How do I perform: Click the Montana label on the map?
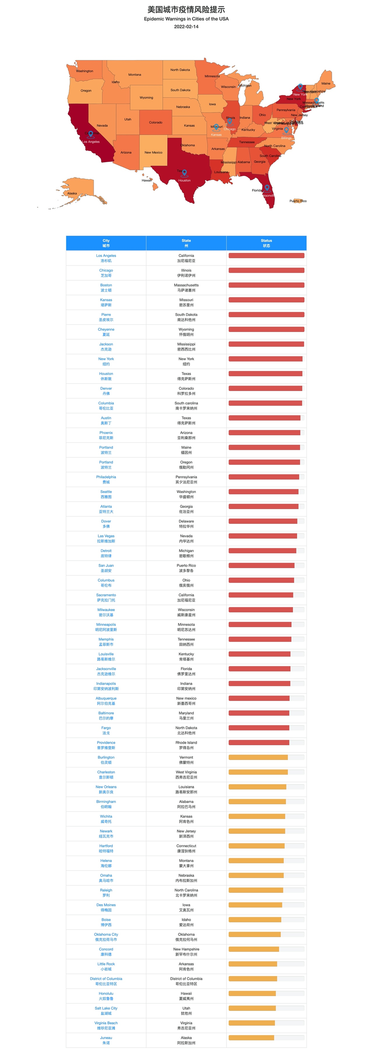(x=135, y=74)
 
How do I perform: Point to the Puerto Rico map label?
(x=298, y=201)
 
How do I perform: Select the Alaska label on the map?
(x=72, y=193)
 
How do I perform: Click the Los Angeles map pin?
(x=91, y=134)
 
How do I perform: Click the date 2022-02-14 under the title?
(x=186, y=27)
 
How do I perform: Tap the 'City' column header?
(x=106, y=243)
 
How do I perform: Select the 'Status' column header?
(x=266, y=243)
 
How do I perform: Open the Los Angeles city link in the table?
(x=106, y=258)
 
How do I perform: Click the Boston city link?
(x=106, y=287)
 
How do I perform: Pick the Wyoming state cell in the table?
(x=186, y=332)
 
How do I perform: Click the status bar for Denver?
(x=266, y=388)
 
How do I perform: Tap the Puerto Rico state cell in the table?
(x=186, y=568)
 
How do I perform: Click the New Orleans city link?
(x=106, y=789)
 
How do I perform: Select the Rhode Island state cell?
(x=186, y=745)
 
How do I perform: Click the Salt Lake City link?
(x=106, y=1010)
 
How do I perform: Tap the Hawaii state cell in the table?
(x=186, y=996)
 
